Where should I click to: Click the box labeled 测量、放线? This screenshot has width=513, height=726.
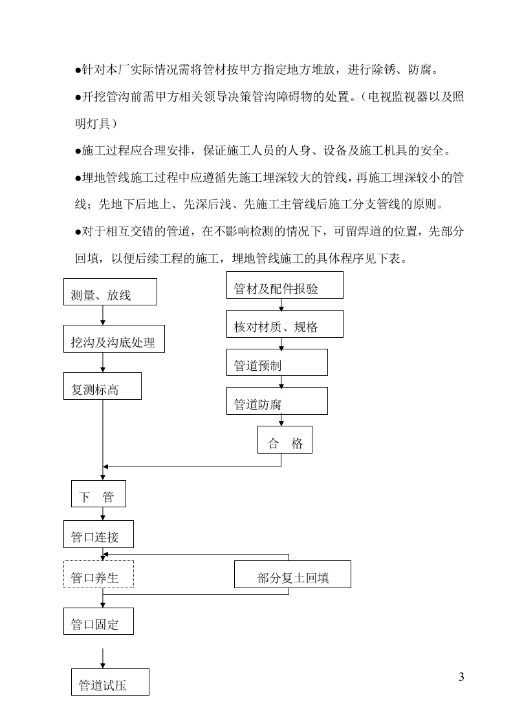click(x=110, y=292)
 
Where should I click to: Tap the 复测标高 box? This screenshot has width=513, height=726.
click(x=102, y=386)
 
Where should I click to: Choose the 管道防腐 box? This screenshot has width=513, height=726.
click(x=277, y=401)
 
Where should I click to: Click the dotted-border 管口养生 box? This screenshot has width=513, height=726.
click(x=98, y=575)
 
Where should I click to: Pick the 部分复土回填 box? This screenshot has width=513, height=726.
click(x=292, y=575)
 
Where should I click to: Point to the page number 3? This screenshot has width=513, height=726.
click(x=461, y=677)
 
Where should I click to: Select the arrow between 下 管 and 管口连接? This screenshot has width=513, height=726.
click(x=103, y=513)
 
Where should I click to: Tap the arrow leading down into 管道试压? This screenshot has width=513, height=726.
click(x=103, y=658)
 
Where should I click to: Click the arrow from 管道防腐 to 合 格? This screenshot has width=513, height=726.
click(x=281, y=420)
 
